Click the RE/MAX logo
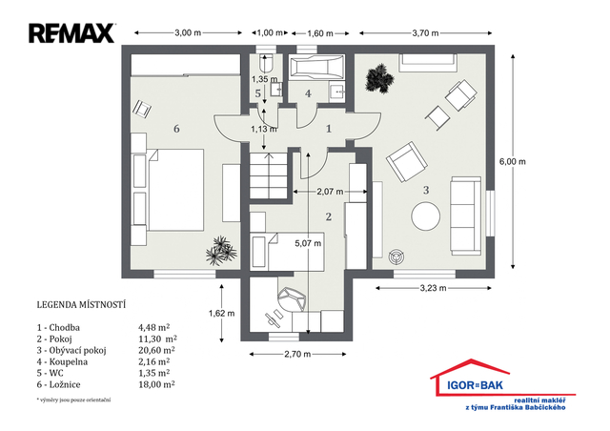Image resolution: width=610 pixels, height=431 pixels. coord(71,33)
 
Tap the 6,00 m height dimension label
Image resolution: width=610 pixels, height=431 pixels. coord(513,161)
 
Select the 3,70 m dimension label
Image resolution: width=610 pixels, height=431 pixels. coord(425,33)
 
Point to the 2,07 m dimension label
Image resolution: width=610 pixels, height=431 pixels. coord(330,192)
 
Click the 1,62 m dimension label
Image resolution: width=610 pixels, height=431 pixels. coord(222,313)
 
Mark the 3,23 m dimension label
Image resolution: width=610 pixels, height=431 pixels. coord(433,288)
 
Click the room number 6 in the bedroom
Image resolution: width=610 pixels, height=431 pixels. coord(176,129)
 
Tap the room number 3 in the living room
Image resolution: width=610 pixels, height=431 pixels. coord(426,190)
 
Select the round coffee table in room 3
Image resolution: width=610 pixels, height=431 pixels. coord(426,215)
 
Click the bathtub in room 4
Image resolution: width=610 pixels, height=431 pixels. coord(316,68)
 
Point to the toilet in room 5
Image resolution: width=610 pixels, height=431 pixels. coord(266,62)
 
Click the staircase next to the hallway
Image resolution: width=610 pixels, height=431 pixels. coord(268,175)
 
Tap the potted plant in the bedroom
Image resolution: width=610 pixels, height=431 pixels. coord(221,251)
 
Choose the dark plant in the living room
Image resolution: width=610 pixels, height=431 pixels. coord(379,78)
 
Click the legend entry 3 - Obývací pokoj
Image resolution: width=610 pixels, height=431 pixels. coord(71,350)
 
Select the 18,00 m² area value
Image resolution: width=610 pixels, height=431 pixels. coord(156,384)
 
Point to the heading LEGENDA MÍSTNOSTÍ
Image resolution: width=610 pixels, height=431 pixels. coord(81,305)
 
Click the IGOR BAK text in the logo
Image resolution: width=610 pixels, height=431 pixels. coord(475,385)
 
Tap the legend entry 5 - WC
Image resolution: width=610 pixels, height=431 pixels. coord(51,373)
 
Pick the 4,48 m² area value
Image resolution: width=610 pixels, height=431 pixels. coord(154,327)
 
